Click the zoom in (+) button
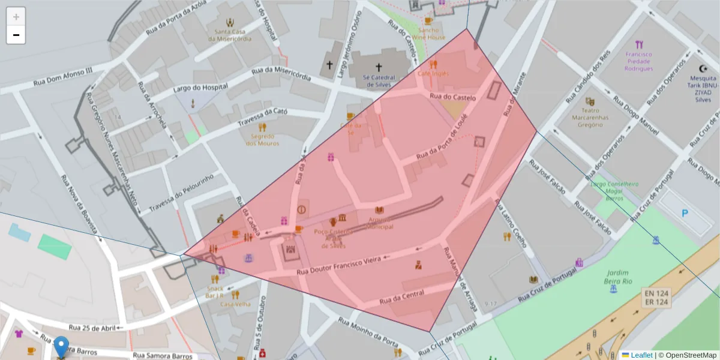16,16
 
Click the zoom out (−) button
16,35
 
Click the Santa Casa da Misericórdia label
230,35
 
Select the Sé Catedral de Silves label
379,81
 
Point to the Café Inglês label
433,73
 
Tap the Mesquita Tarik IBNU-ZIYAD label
703,88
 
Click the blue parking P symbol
685,212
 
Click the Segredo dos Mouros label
262,139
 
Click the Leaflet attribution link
641,355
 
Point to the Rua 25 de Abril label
92,328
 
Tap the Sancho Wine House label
432,34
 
